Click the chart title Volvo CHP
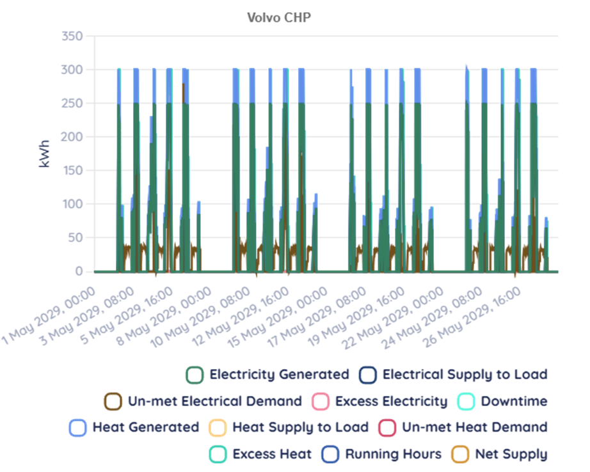(x=279, y=17)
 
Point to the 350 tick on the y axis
(x=72, y=36)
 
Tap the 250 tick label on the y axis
(x=72, y=103)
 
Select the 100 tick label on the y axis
(x=72, y=204)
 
